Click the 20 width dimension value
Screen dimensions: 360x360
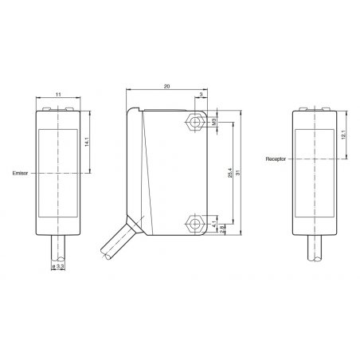click(166, 86)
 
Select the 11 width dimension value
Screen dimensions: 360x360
click(58, 94)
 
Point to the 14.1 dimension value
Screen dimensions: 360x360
click(86, 142)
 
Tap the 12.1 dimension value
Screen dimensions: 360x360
click(343, 135)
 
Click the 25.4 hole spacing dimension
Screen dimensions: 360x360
click(230, 173)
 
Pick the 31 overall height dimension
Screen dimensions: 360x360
click(238, 173)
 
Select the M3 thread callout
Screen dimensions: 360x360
click(213, 122)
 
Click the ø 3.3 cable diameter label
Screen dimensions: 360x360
click(58, 266)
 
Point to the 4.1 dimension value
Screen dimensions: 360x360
click(214, 225)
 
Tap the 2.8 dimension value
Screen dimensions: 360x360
click(222, 229)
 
